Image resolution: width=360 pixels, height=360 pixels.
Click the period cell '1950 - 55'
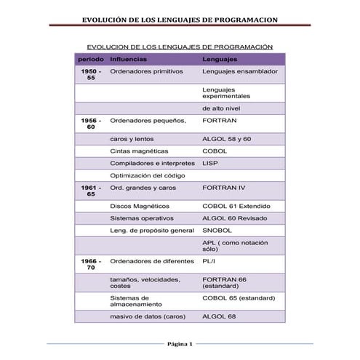(91, 75)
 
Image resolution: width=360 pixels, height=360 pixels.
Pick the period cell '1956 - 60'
(91, 124)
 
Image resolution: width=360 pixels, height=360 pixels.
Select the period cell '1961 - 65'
(91, 191)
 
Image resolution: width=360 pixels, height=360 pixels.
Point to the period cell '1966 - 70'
(91, 264)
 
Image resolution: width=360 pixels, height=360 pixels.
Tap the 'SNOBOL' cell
(216, 230)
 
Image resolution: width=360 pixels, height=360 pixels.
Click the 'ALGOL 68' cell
(219, 316)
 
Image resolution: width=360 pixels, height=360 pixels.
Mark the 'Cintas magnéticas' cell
(140, 151)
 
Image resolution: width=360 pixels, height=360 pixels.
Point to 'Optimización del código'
(148, 175)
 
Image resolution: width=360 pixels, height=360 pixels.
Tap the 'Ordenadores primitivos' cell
(147, 72)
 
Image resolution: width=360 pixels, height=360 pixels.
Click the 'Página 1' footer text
(179, 344)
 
